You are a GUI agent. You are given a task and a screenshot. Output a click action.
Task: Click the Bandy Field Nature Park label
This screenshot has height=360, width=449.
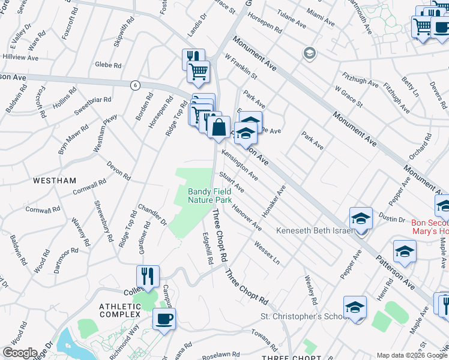[x=209, y=196]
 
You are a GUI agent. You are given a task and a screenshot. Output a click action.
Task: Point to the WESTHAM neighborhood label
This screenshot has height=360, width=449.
[x=55, y=180]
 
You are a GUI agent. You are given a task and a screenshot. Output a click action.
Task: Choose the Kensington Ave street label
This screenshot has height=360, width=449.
[x=240, y=164]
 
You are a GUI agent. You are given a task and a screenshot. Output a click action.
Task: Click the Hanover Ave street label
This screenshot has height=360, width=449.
[x=247, y=218]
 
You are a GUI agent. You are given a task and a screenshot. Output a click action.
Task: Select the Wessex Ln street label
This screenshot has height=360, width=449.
[x=267, y=252]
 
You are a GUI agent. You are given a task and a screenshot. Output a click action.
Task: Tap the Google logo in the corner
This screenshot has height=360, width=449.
[x=19, y=353]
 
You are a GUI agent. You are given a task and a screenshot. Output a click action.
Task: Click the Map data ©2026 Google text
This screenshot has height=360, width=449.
[x=412, y=355]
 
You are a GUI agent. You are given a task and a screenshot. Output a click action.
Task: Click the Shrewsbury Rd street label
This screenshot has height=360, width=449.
[x=103, y=220]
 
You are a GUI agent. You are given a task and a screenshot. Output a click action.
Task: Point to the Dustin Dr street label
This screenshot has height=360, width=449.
[x=392, y=220]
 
